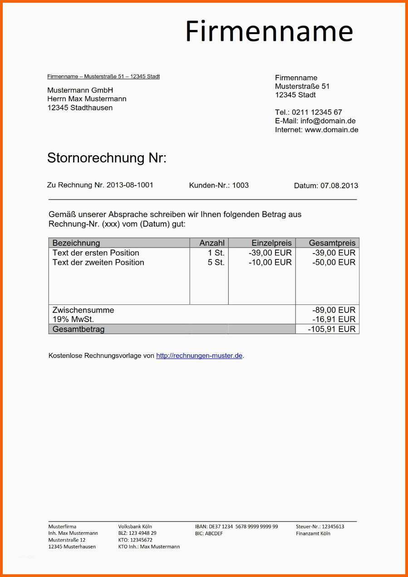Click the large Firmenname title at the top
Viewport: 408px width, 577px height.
pyautogui.click(x=269, y=31)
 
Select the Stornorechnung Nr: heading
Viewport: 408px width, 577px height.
pyautogui.click(x=107, y=158)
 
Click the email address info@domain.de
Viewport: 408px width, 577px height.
pyautogui.click(x=328, y=121)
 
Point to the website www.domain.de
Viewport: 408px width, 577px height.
pyautogui.click(x=331, y=130)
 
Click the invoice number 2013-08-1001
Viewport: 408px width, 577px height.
pyautogui.click(x=130, y=185)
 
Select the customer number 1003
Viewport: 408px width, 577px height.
pyautogui.click(x=241, y=185)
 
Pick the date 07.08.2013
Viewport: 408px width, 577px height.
pyautogui.click(x=339, y=186)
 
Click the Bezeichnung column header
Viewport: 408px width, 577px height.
pyautogui.click(x=76, y=243)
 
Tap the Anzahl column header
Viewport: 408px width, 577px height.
pyautogui.click(x=212, y=243)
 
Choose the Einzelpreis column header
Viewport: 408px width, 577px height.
pyautogui.click(x=271, y=243)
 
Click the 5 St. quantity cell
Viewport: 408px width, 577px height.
pyautogui.click(x=216, y=262)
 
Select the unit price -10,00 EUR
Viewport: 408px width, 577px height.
pyautogui.click(x=270, y=262)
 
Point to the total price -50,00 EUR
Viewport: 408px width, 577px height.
pyautogui.click(x=334, y=262)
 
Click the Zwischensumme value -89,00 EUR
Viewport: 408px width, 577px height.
pyautogui.click(x=334, y=310)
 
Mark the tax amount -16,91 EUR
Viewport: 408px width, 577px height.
pyautogui.click(x=334, y=319)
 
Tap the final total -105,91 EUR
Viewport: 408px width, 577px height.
pyautogui.click(x=332, y=329)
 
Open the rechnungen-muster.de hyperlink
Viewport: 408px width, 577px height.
pyautogui.click(x=199, y=356)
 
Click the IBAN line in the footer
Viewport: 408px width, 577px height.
pyautogui.click(x=236, y=527)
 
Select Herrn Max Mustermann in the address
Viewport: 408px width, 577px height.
pyautogui.click(x=87, y=99)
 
